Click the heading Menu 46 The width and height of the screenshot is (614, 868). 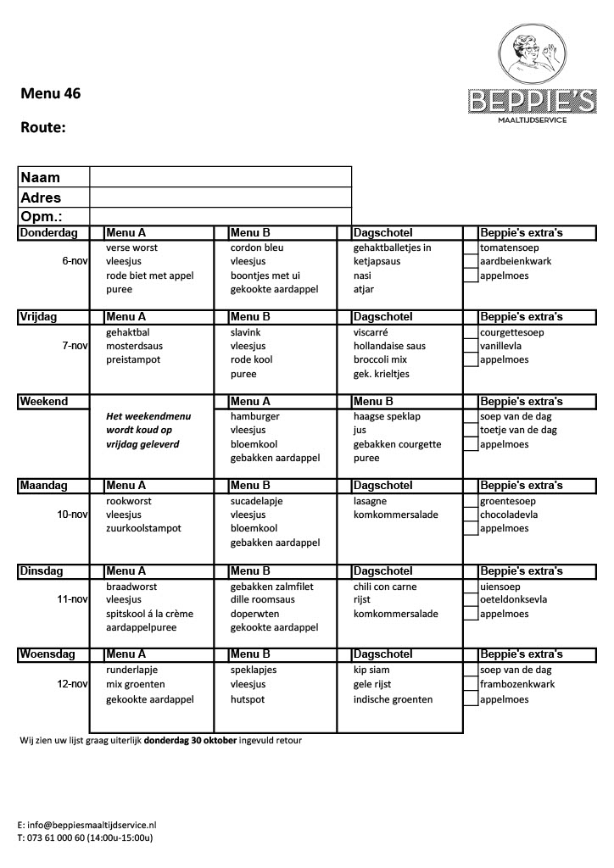(x=51, y=94)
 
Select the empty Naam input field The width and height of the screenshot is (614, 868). (x=220, y=176)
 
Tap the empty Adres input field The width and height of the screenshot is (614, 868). (x=220, y=197)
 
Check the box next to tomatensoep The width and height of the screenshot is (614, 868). (x=471, y=248)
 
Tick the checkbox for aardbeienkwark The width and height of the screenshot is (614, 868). (x=471, y=261)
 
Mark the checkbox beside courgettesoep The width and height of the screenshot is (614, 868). (x=471, y=332)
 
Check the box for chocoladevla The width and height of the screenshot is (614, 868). (x=471, y=515)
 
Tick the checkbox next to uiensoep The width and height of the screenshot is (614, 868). (x=471, y=587)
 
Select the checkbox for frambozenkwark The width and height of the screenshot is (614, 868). (x=471, y=684)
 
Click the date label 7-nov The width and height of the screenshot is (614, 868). (x=75, y=346)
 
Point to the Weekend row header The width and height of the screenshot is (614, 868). (x=43, y=402)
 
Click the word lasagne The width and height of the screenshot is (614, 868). (x=371, y=501)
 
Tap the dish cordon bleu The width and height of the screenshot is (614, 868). (x=257, y=248)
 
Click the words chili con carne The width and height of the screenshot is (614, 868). (x=385, y=587)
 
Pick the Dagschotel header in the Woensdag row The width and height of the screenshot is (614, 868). (x=382, y=654)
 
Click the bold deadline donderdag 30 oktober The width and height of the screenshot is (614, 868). (x=190, y=740)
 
